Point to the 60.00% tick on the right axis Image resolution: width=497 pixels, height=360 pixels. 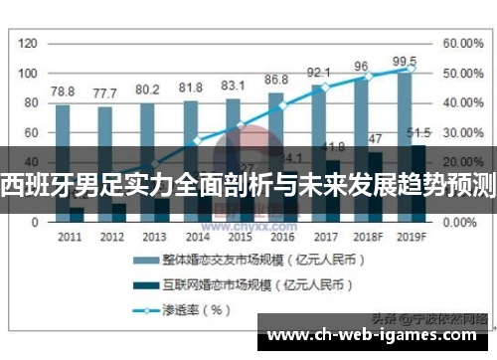click(x=462, y=44)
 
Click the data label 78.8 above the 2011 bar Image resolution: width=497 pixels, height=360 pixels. click(x=63, y=90)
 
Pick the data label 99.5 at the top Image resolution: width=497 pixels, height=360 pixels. click(x=405, y=62)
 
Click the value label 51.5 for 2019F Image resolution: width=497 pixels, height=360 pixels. click(x=418, y=132)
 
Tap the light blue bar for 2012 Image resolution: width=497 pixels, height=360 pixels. click(x=104, y=129)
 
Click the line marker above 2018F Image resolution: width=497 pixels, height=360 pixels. click(x=368, y=77)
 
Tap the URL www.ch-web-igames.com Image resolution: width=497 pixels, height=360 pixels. click(x=372, y=333)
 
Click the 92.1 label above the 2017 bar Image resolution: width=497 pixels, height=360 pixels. click(x=318, y=73)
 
